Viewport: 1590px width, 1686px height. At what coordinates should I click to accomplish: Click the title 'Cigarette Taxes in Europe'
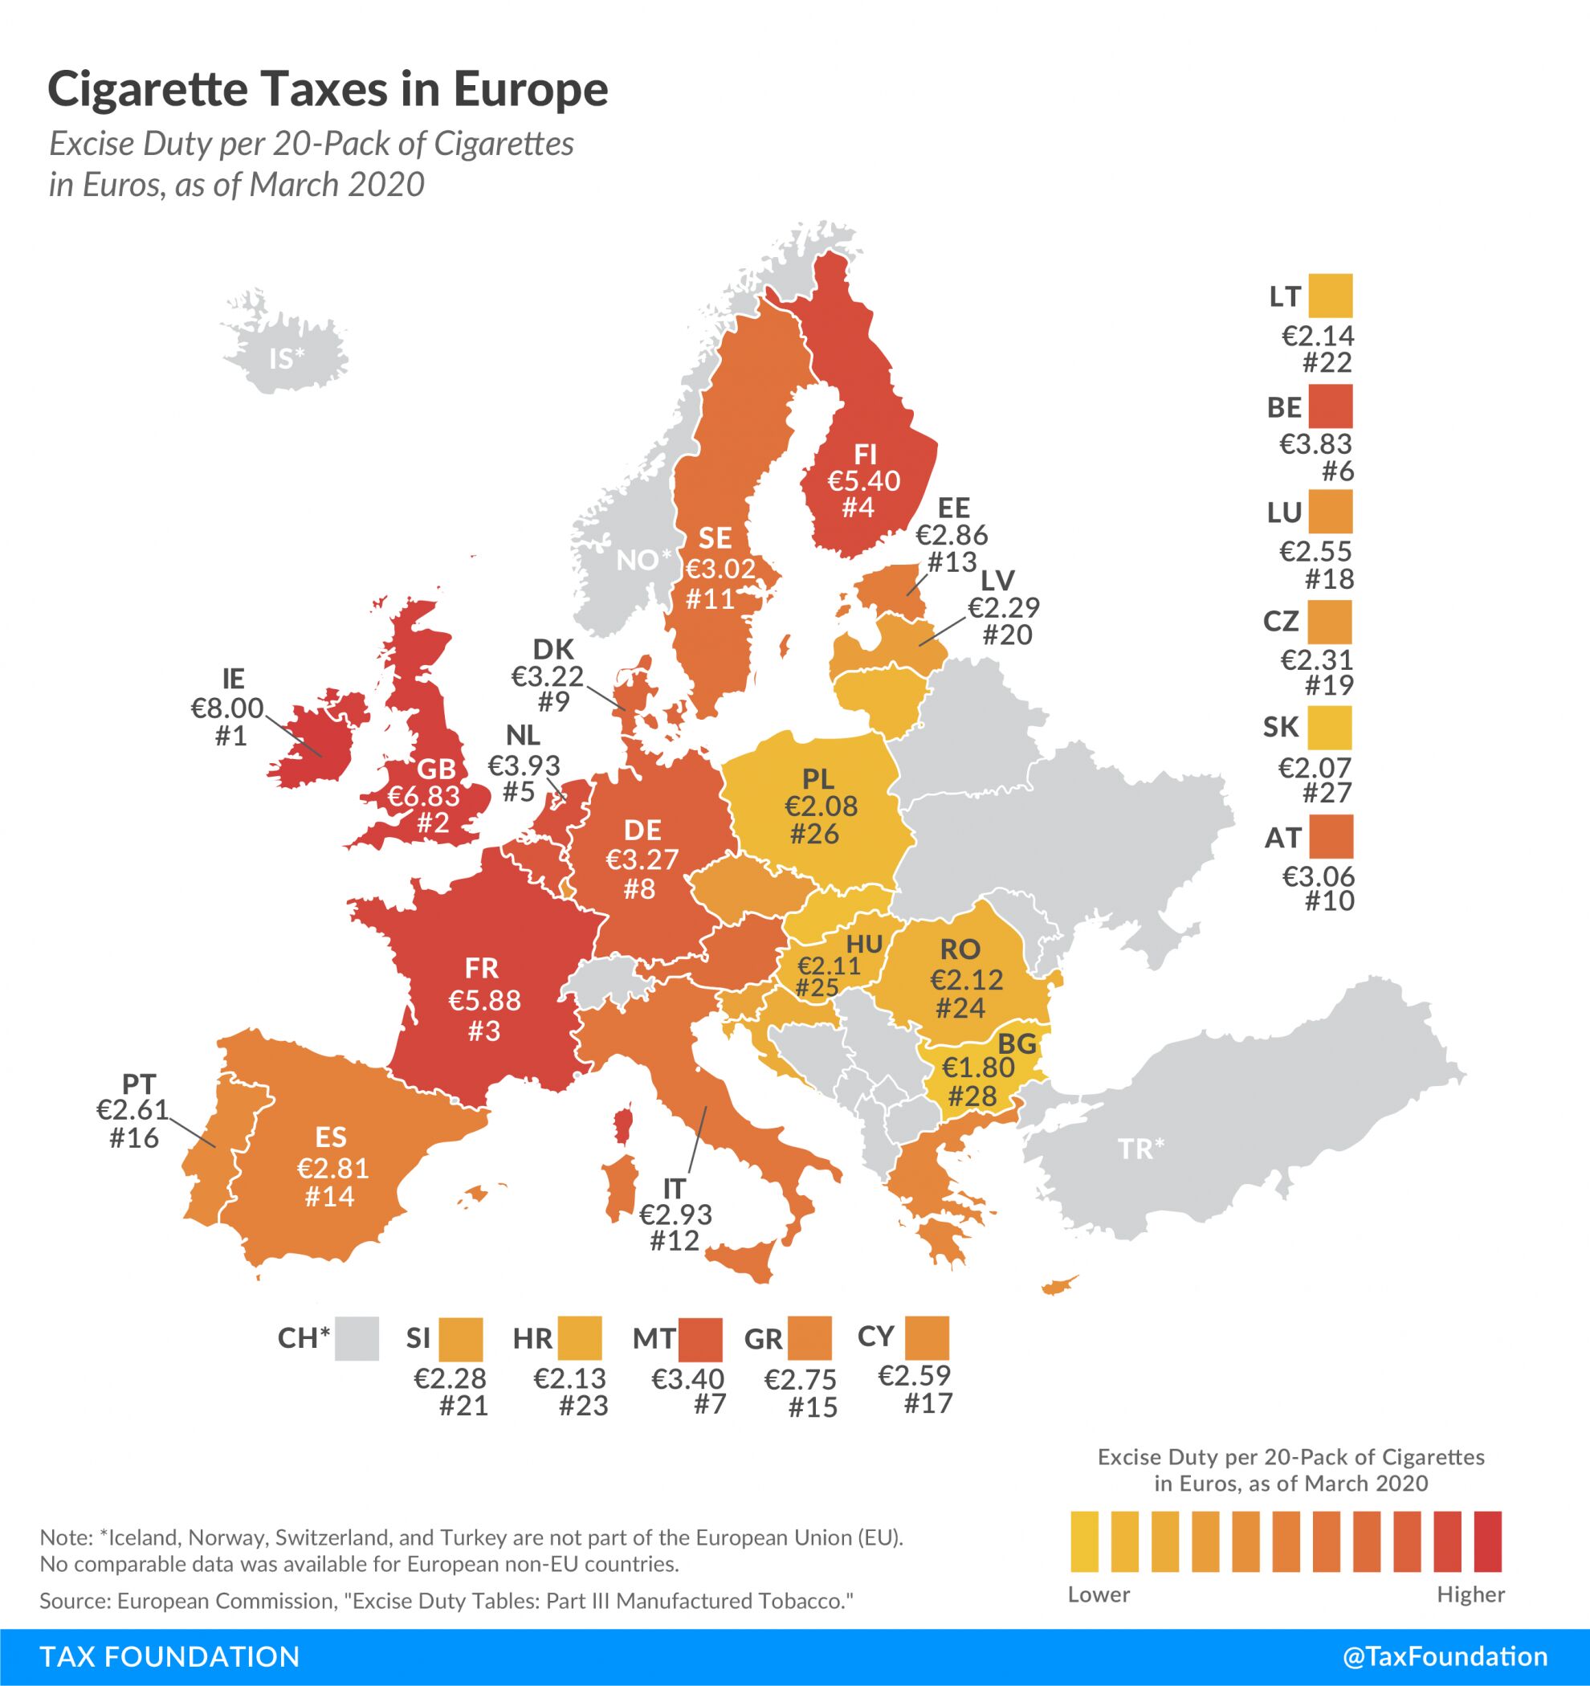point(328,91)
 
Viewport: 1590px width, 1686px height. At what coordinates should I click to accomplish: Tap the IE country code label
point(232,678)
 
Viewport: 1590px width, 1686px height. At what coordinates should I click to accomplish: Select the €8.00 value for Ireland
point(227,708)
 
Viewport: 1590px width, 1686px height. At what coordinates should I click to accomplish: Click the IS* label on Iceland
point(287,359)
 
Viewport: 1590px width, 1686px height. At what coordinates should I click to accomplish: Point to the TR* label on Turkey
point(1140,1149)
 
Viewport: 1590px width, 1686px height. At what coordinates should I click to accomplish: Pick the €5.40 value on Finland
point(864,481)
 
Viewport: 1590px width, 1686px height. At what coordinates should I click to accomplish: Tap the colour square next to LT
point(1330,296)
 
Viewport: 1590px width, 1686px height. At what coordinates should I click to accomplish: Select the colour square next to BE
point(1330,406)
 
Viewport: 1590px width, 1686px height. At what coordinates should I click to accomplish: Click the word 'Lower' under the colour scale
point(1099,1594)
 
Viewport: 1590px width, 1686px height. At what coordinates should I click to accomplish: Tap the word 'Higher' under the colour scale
point(1470,1594)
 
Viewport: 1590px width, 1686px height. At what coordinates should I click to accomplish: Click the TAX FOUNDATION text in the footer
point(169,1656)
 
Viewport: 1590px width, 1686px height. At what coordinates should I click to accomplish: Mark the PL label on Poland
point(818,778)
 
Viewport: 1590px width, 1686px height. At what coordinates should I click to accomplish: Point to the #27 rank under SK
point(1328,792)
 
